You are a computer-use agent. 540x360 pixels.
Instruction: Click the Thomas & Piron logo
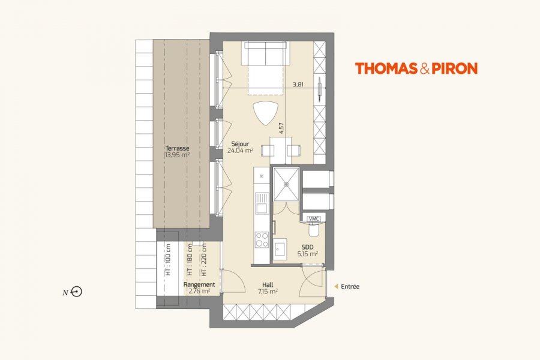click(x=416, y=68)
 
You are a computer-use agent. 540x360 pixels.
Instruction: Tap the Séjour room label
click(x=240, y=144)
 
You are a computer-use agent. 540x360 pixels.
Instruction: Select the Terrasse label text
click(x=177, y=148)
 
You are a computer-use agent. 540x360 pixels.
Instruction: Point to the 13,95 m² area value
click(x=178, y=155)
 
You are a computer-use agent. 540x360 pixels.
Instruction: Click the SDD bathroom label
click(x=307, y=247)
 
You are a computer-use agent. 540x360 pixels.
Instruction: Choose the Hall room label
click(x=268, y=284)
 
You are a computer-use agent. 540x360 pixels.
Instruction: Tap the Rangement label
click(x=199, y=284)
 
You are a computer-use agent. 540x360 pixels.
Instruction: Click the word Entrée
click(x=350, y=286)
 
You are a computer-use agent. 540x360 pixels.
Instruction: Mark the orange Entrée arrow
click(x=337, y=286)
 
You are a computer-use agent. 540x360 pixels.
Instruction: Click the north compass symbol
click(x=77, y=292)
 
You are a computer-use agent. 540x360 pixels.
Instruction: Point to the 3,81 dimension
click(x=298, y=84)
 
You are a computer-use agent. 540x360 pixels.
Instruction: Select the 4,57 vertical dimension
click(x=282, y=128)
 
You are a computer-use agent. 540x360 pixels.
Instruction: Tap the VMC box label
click(x=313, y=219)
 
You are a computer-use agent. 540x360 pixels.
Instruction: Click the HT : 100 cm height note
click(x=168, y=260)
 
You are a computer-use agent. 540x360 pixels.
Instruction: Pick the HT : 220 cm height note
click(x=204, y=260)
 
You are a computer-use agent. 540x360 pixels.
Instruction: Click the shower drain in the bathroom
click(x=286, y=184)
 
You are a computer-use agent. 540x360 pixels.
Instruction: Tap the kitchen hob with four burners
click(x=262, y=239)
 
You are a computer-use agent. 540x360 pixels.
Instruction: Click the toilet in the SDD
click(x=314, y=229)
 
